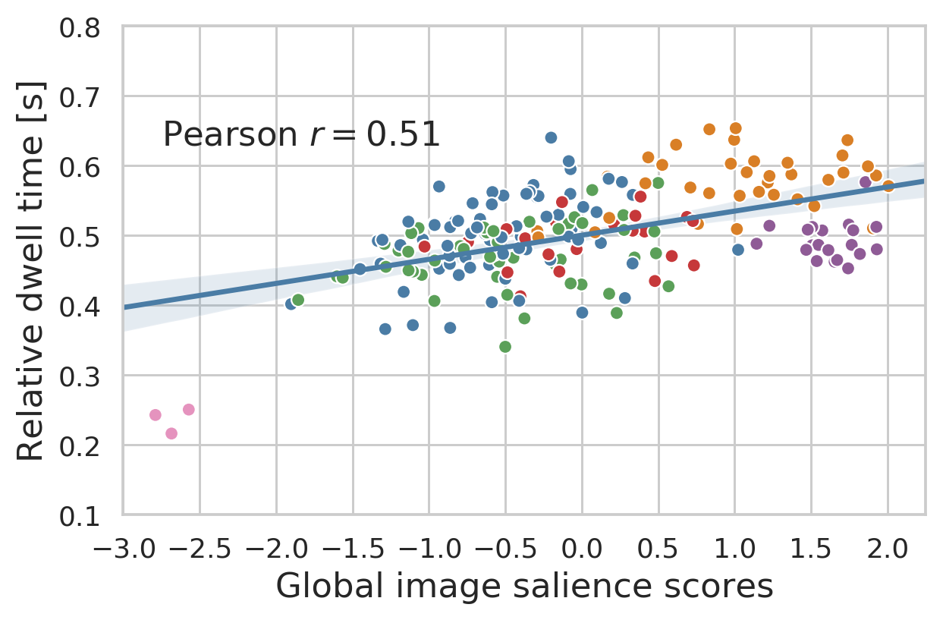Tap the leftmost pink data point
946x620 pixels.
156,415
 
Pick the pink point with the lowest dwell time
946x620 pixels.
171,433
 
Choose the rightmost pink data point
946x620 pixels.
189,410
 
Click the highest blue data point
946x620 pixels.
551,137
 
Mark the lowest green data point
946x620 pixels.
505,347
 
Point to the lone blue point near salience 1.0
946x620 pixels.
738,250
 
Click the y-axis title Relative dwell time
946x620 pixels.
32,270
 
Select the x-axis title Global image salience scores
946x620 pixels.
524,587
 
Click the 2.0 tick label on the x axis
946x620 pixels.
888,546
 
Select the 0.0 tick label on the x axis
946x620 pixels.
582,546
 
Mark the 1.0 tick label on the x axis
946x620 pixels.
734,546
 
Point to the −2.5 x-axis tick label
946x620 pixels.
200,546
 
